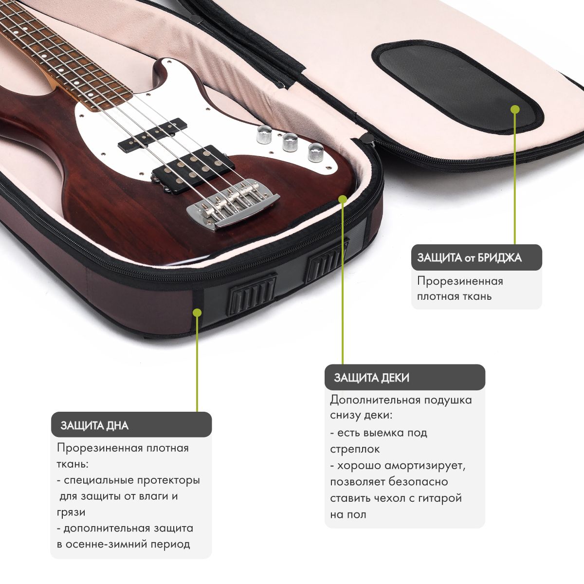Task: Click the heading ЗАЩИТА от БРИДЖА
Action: pos(469,257)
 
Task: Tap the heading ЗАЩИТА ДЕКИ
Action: pos(371,378)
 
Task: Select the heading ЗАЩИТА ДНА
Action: pos(94,425)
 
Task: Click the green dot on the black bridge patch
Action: pos(515,109)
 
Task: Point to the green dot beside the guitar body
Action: pos(343,199)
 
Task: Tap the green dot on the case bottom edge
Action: pos(198,312)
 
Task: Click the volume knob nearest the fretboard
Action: pos(263,134)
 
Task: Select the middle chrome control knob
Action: pos(289,142)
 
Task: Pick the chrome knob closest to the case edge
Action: pos(316,152)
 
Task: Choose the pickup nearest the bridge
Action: pos(193,169)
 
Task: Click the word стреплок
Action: pos(355,449)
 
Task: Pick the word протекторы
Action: pos(168,480)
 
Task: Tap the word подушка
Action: pos(448,401)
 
